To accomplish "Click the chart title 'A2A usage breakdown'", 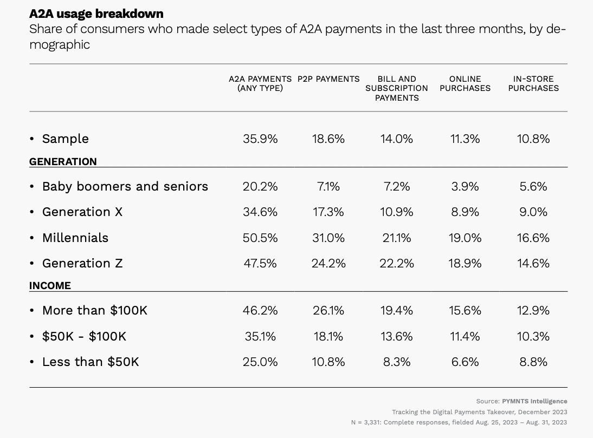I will [96, 14].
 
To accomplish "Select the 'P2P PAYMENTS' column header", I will [328, 79].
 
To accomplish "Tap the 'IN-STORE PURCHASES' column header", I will [533, 83].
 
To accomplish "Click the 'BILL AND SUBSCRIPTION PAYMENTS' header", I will [397, 88].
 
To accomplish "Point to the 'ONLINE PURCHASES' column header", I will [465, 83].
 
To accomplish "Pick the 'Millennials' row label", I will [75, 238].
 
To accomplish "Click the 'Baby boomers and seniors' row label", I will [125, 186].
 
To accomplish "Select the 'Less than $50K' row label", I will [91, 362].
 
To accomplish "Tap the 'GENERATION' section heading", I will [63, 161].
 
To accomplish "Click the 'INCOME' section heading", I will [50, 285].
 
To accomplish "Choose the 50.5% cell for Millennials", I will [260, 238].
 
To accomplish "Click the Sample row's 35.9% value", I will [260, 139].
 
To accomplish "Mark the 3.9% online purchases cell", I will [465, 186].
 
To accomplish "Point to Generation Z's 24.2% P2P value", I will [328, 263].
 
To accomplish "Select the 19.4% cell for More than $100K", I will [397, 310].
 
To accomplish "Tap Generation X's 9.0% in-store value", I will [533, 212].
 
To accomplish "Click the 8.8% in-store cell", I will [533, 362].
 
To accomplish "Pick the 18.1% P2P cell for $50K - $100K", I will [328, 336].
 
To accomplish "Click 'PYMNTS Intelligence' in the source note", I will [534, 401].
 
